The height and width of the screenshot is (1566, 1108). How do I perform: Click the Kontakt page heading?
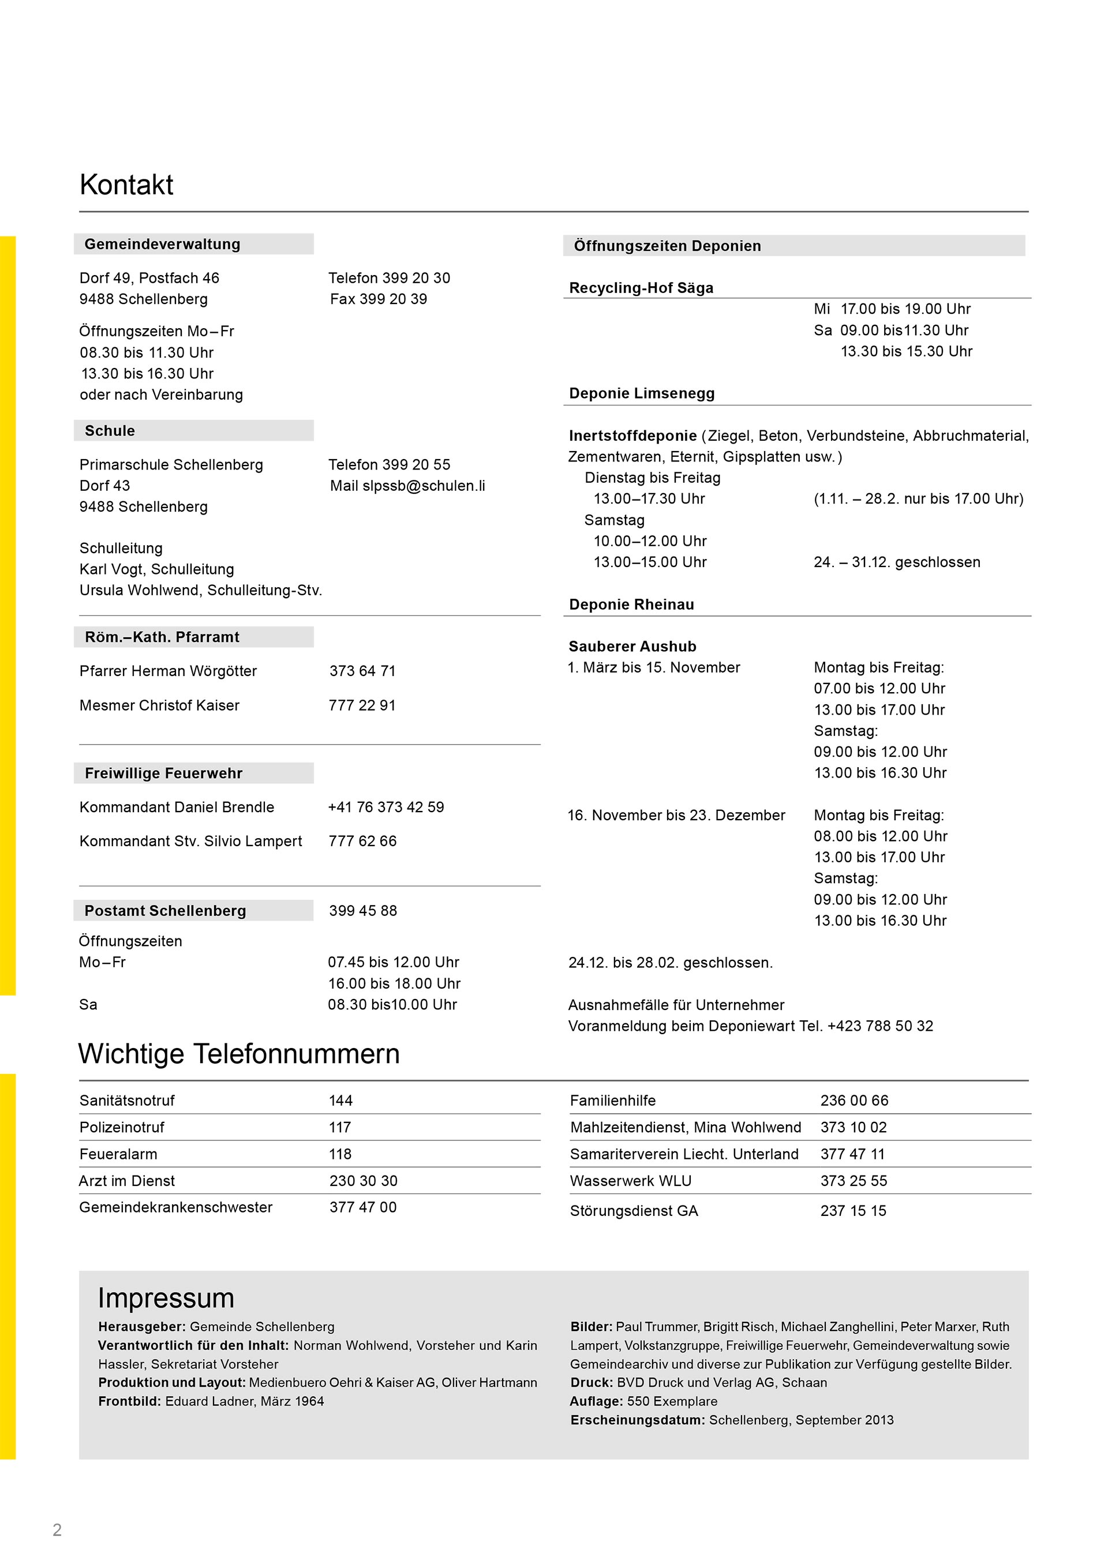(x=126, y=185)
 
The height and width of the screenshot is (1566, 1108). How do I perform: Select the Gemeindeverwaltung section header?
(x=162, y=244)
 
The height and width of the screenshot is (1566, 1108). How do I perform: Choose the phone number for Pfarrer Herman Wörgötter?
(x=362, y=671)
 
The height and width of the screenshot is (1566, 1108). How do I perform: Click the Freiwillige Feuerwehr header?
(x=164, y=773)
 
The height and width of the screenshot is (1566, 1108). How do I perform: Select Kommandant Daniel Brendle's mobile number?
(x=386, y=807)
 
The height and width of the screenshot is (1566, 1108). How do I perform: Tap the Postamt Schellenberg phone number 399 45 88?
(x=363, y=911)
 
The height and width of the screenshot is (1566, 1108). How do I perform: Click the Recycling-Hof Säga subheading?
(x=641, y=288)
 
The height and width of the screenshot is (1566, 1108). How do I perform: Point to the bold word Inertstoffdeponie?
(x=632, y=436)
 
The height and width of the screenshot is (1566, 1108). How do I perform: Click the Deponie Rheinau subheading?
(x=632, y=604)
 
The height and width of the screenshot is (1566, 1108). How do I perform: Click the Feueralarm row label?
(x=118, y=1154)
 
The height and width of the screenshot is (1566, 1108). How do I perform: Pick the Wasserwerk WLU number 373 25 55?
(x=854, y=1181)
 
